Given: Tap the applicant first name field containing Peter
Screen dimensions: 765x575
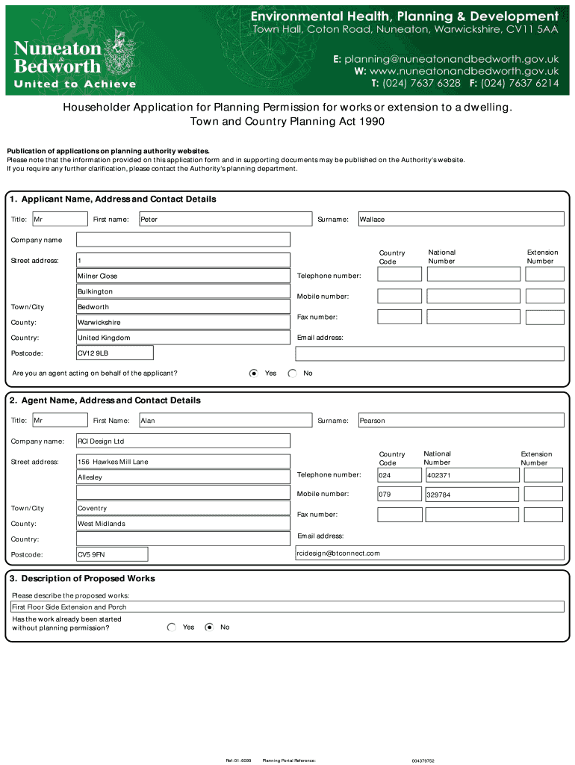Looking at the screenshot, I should [224, 219].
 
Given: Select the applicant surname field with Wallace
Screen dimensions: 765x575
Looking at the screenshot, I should [461, 219].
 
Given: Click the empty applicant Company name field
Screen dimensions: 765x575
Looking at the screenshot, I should [183, 240].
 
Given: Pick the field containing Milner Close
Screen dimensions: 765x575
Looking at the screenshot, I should [183, 276].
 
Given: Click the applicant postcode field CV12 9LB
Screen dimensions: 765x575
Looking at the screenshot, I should [115, 353].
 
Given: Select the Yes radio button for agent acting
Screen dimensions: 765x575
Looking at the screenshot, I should [254, 373].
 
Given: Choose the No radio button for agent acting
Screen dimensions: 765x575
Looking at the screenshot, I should [292, 373].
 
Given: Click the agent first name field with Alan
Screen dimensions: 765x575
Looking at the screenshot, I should [224, 421].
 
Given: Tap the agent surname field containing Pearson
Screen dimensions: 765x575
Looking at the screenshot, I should [461, 421].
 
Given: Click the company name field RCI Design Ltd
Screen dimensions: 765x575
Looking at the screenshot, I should [183, 441].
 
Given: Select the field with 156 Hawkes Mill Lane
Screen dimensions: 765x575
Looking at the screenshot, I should [183, 462].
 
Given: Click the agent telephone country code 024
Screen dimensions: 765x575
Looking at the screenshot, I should [399, 475].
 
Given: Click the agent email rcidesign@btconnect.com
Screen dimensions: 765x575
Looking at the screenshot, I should [429, 553].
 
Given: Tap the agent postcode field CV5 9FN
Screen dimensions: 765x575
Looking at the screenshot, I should [112, 554].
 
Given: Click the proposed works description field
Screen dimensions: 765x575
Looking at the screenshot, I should [287, 607].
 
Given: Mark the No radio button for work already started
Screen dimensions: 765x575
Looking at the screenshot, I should [209, 628].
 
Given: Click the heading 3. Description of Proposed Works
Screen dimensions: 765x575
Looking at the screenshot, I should [82, 578].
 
